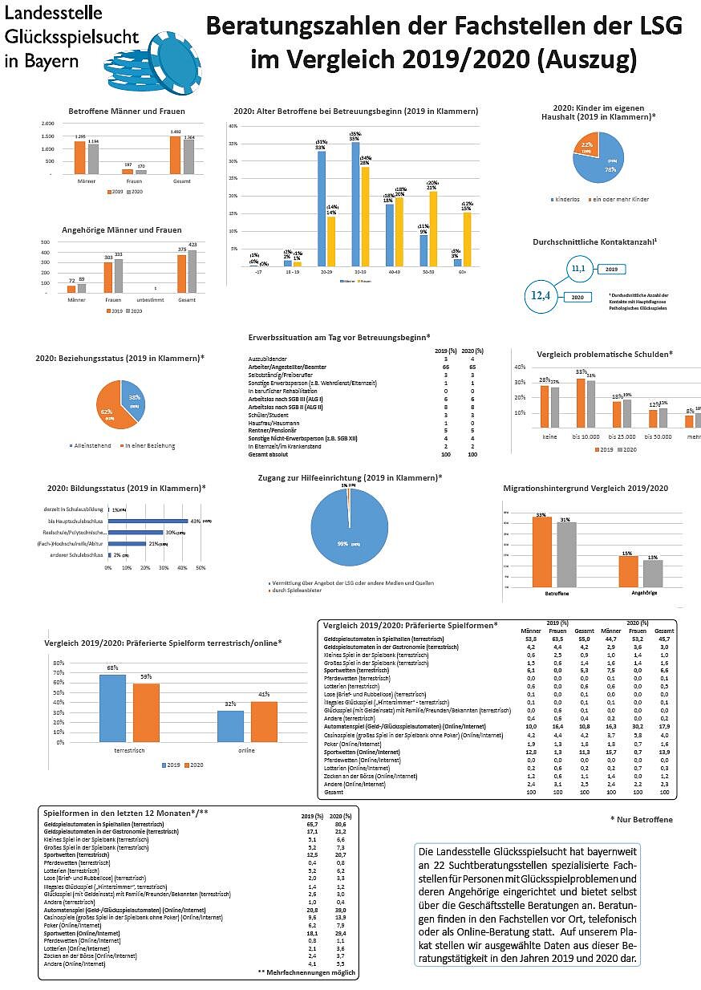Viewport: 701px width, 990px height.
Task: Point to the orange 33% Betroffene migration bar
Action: (x=543, y=554)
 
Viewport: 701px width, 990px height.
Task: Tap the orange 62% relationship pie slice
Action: (x=108, y=405)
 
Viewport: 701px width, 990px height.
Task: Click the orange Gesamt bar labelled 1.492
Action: (x=175, y=154)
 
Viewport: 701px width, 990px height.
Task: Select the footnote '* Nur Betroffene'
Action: (x=641, y=819)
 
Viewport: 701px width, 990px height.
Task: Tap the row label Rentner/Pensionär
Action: (x=274, y=430)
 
